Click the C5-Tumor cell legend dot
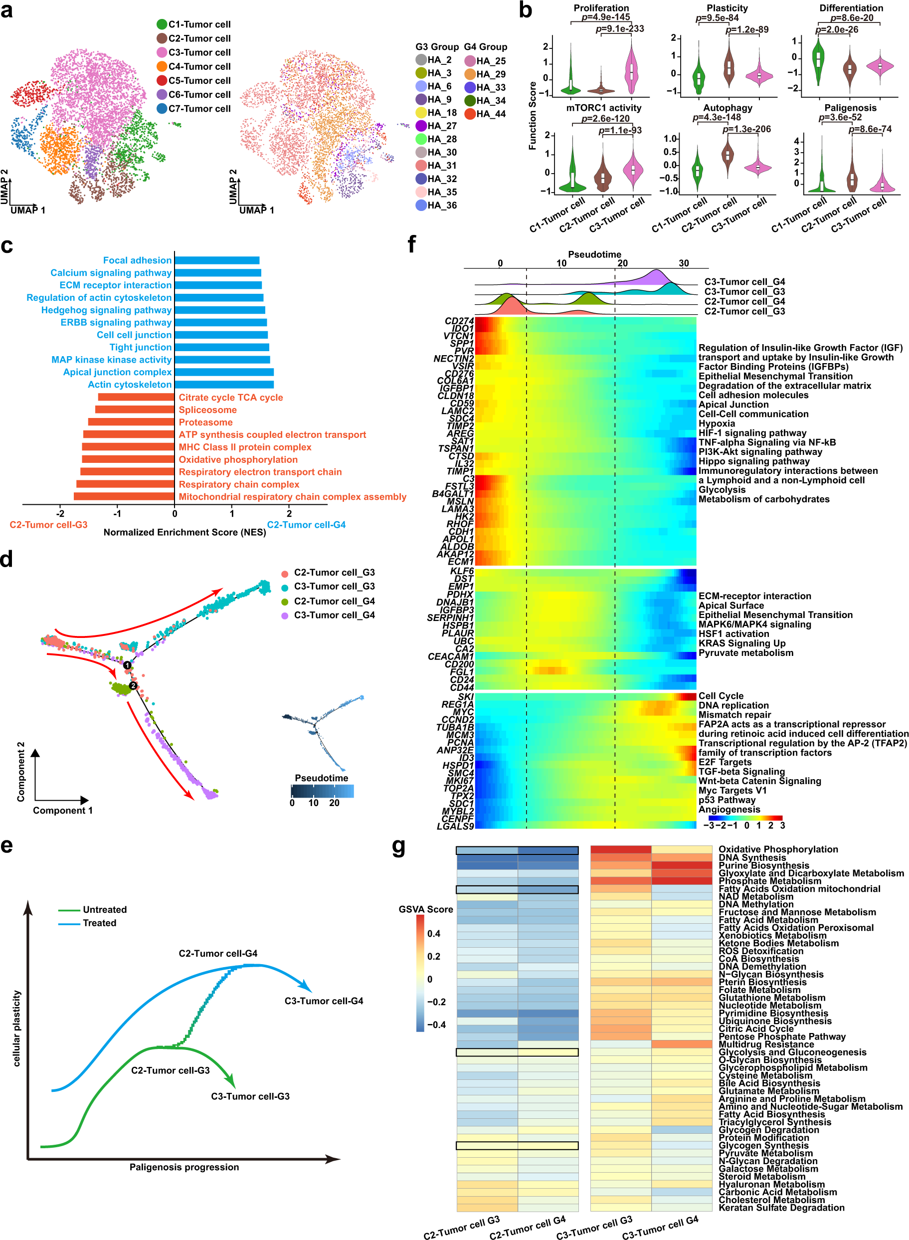pos(162,80)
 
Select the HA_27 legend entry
pos(421,126)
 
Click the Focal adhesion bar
pos(217,260)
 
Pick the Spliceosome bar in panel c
pos(135,410)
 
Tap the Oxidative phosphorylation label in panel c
pos(238,459)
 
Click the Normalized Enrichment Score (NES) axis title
pos(184,532)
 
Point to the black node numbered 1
pos(127,665)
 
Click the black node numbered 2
pos(133,685)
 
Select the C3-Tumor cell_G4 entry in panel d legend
pos(334,616)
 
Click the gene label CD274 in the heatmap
pos(459,321)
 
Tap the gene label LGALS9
pos(455,826)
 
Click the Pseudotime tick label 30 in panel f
pos(684,263)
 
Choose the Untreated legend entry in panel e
pos(105,910)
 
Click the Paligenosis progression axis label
pos(184,1167)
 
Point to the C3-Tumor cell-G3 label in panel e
pos(250,1096)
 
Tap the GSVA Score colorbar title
pos(425,909)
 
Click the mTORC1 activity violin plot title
pos(604,108)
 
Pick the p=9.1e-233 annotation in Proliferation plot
pos(620,28)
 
